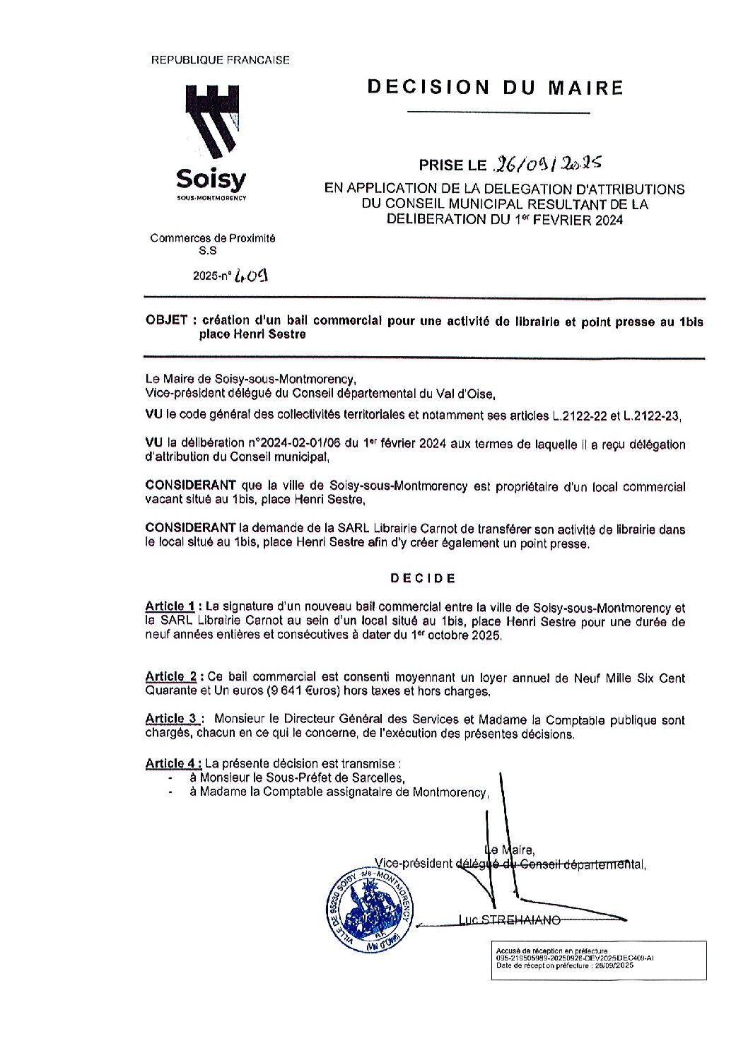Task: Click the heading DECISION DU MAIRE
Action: [x=495, y=88]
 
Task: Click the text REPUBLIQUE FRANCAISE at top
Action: [x=221, y=61]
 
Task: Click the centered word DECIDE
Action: [x=423, y=578]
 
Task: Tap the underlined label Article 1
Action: [x=170, y=606]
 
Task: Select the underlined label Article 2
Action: [x=170, y=677]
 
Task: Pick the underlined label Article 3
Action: [x=170, y=719]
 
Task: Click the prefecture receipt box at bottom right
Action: [x=598, y=960]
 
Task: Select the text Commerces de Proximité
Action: [x=213, y=238]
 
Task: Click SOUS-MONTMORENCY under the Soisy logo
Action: [x=211, y=197]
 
